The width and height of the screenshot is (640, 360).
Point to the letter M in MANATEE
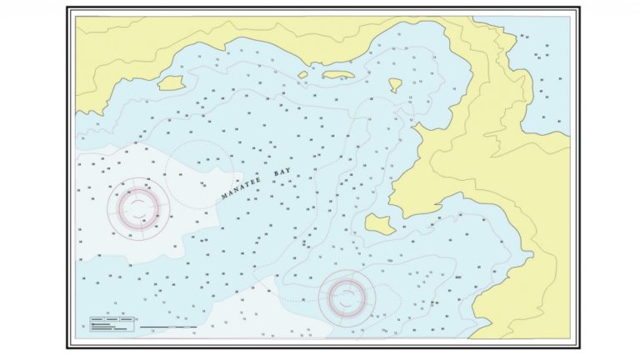coord(224,197)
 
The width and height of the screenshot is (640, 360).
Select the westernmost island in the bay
coord(171,82)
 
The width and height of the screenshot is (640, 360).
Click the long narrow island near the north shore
coord(339,75)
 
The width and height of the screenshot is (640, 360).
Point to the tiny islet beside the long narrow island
coord(303,75)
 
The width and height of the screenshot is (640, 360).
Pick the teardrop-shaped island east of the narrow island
coord(395,84)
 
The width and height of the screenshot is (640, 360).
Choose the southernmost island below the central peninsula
coord(379,222)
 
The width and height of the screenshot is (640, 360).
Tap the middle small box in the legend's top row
coord(112,319)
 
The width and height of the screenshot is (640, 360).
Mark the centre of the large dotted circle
coord(200,174)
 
